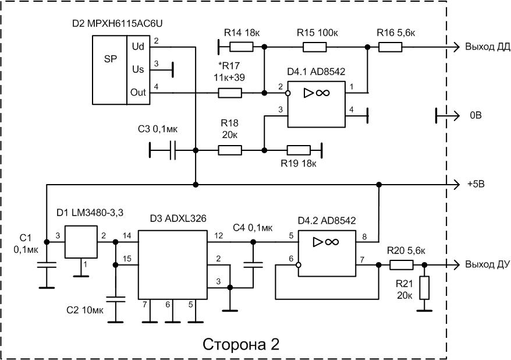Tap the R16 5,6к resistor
click(389, 47)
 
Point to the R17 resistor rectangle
click(230, 92)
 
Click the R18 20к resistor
click(230, 150)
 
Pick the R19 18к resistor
click(299, 150)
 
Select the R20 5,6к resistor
click(401, 265)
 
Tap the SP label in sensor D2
click(110, 60)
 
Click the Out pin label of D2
click(139, 93)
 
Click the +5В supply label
click(476, 184)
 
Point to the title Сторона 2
click(240, 344)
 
